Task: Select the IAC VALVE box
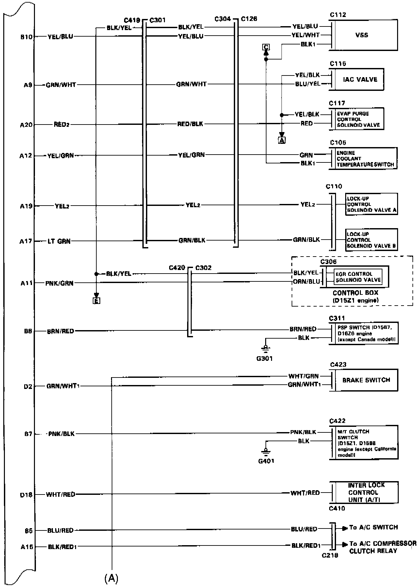[360, 79]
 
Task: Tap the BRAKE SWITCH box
[366, 380]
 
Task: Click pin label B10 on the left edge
[27, 37]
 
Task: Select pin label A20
[27, 125]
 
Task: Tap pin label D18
[27, 495]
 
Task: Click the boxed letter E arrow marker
[97, 301]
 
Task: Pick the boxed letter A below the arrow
[281, 140]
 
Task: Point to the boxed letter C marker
[266, 47]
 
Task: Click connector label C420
[177, 268]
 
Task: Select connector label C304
[223, 19]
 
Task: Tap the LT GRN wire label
[59, 242]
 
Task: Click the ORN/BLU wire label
[306, 282]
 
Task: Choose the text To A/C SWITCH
[374, 528]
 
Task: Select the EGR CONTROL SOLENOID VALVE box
[358, 277]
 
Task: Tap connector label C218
[330, 555]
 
